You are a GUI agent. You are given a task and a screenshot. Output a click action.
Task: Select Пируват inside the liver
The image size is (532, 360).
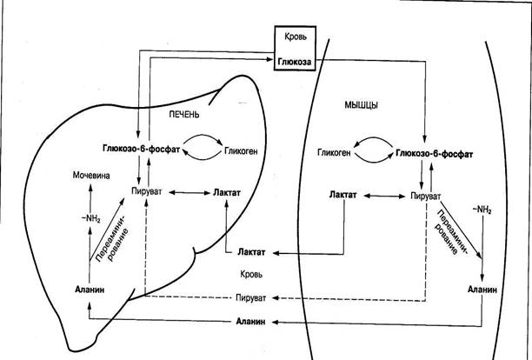coord(144,190)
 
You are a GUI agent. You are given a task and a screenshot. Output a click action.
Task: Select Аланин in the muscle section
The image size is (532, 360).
coord(483,288)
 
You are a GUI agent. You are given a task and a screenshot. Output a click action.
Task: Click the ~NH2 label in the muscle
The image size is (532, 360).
coord(482,210)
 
